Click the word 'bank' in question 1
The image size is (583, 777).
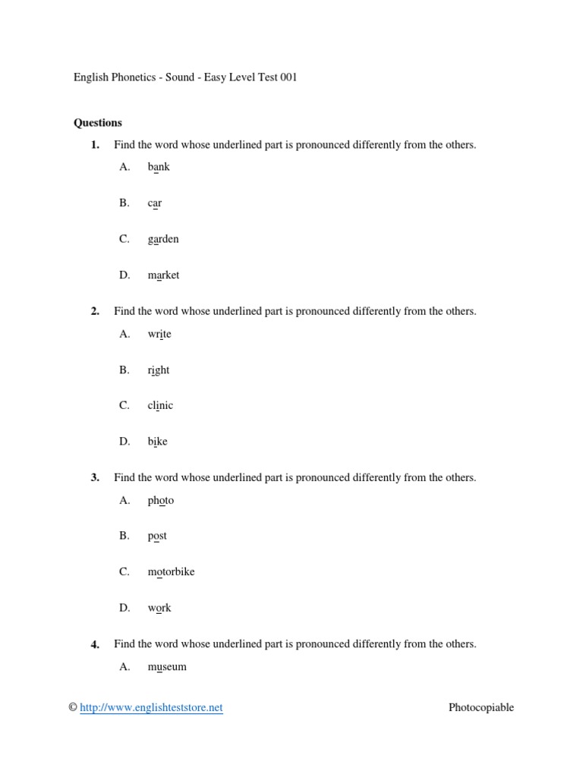(x=159, y=167)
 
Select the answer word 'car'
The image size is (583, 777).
(x=155, y=203)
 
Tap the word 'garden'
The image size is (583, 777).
(x=163, y=239)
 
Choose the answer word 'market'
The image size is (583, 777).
(x=163, y=275)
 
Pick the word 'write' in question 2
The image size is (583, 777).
(x=159, y=334)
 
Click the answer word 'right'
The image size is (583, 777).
(x=159, y=370)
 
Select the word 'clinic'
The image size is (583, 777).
(x=160, y=405)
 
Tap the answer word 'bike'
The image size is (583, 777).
(x=158, y=442)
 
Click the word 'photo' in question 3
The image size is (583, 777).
(x=161, y=501)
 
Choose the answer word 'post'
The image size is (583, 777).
(x=157, y=536)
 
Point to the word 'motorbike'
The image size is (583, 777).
(x=171, y=571)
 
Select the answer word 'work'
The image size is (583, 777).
(x=159, y=608)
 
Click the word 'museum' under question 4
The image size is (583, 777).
(x=167, y=667)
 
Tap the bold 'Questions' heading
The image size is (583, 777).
(x=97, y=122)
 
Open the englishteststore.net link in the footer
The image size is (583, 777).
(x=151, y=708)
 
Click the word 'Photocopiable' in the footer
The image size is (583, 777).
(x=481, y=708)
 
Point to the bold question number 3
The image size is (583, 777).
(x=95, y=478)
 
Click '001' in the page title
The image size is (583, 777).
(x=288, y=77)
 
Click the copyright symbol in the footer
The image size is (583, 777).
(x=73, y=708)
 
